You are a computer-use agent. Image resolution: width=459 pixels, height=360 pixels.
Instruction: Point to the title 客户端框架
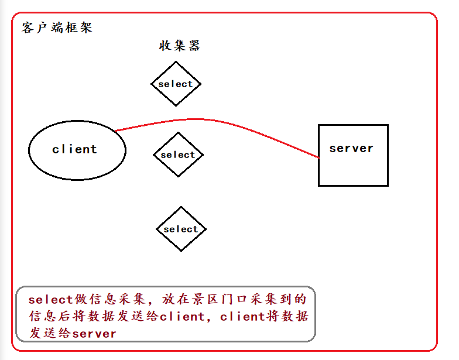pyautogui.click(x=57, y=28)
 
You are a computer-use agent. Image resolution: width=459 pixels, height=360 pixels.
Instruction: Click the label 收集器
pyautogui.click(x=180, y=46)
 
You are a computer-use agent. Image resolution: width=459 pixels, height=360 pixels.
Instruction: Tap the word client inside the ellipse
pyautogui.click(x=74, y=149)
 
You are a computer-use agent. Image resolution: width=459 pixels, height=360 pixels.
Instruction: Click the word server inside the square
pyautogui.click(x=351, y=148)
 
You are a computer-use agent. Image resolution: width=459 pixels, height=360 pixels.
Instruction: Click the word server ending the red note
pyautogui.click(x=94, y=334)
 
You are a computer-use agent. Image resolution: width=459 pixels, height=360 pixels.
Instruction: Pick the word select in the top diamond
pyautogui.click(x=176, y=84)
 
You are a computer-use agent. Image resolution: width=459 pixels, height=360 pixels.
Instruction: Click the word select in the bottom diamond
pyautogui.click(x=181, y=229)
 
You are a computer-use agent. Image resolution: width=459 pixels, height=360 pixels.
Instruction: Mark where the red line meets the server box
pyautogui.click(x=319, y=157)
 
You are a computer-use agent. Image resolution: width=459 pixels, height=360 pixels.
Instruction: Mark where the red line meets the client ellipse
pyautogui.click(x=115, y=131)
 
